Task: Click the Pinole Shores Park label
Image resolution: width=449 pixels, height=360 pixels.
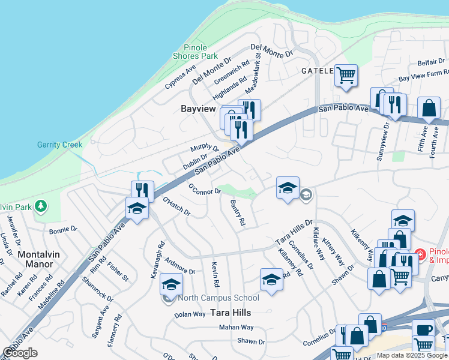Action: click(196, 52)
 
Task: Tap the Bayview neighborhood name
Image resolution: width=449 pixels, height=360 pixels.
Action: click(198, 109)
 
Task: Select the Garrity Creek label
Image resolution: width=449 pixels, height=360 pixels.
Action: click(59, 145)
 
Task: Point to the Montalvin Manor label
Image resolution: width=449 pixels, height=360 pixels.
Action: click(38, 260)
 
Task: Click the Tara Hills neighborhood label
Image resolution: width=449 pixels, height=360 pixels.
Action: click(230, 313)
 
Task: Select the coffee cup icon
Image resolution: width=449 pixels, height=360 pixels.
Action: click(424, 330)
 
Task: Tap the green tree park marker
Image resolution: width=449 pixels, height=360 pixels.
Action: click(40, 206)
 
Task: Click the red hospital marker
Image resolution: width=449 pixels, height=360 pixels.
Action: click(421, 255)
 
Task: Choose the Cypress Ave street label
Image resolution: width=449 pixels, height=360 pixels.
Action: click(181, 76)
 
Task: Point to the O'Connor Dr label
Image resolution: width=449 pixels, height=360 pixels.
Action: click(205, 189)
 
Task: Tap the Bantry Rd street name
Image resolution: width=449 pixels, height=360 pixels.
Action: click(237, 213)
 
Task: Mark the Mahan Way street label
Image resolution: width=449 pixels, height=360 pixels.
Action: click(236, 328)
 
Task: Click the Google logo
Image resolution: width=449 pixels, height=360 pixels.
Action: click(20, 353)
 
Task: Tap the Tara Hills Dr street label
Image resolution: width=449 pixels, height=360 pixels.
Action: click(294, 232)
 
